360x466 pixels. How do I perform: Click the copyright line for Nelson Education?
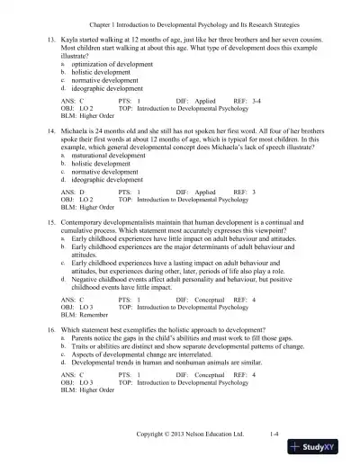tap(190, 434)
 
